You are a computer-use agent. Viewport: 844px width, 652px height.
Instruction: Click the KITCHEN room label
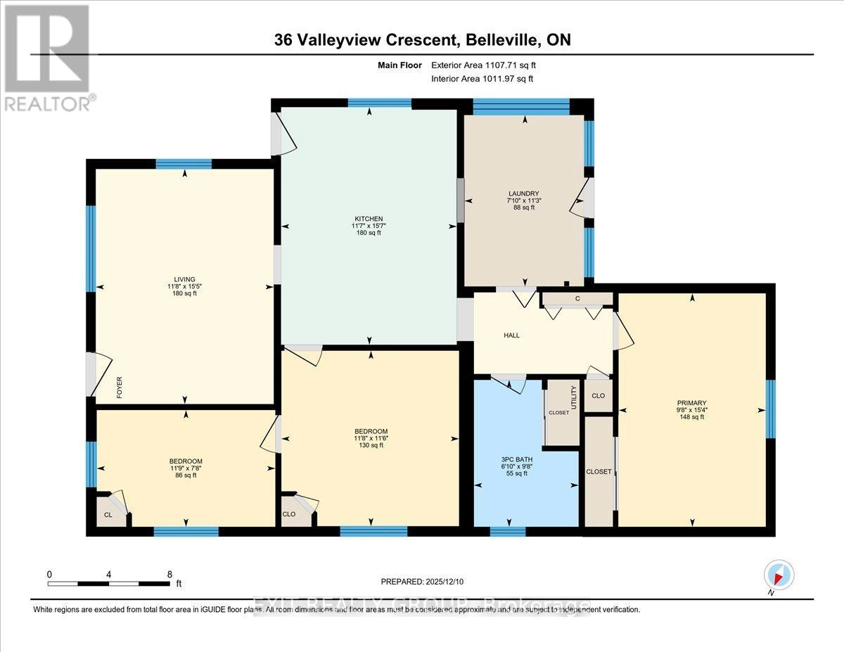pos(369,218)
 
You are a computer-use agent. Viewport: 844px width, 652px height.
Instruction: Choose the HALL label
pos(511,335)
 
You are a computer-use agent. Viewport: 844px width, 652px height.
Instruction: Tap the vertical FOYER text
pos(119,388)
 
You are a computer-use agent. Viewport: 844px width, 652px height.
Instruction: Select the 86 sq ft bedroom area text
pos(186,475)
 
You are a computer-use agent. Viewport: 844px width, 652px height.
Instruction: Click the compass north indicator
pos(779,575)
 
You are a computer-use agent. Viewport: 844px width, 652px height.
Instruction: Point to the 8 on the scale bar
pos(170,574)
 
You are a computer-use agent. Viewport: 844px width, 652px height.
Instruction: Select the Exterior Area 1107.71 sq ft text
pos(487,65)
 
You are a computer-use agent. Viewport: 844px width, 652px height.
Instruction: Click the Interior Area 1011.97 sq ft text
pos(482,79)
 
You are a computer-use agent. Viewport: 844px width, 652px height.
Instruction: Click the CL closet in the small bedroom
pos(108,515)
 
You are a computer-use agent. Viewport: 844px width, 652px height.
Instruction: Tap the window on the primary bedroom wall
pos(770,409)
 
